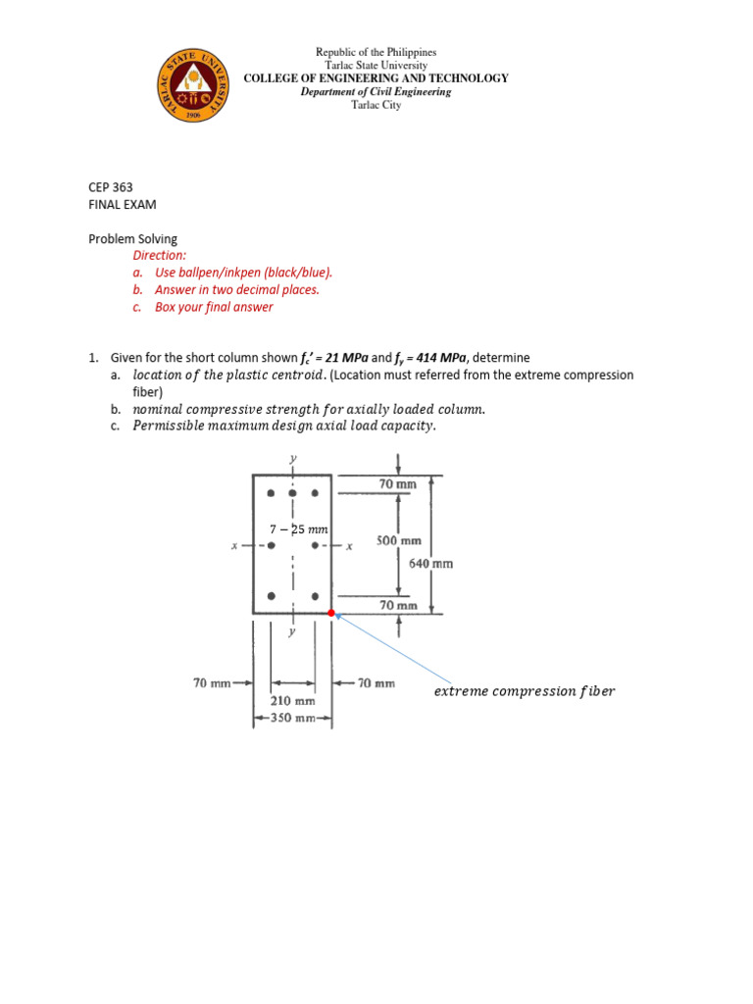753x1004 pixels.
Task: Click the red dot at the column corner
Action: (331, 614)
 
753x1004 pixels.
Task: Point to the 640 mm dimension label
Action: (431, 564)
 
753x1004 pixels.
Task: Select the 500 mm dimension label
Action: (399, 540)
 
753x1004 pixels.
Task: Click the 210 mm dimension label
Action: (292, 701)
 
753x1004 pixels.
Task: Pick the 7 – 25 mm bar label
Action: (298, 528)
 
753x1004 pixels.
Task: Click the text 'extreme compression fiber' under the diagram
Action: (524, 691)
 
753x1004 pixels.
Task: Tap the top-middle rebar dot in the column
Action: (292, 492)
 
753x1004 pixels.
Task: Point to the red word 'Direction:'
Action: (159, 255)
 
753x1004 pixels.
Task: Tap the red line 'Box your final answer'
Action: (214, 307)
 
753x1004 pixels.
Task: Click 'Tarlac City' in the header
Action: (376, 105)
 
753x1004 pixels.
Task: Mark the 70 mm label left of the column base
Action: (213, 682)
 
